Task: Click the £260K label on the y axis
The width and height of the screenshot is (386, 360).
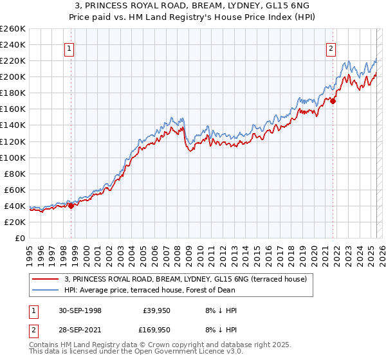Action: point(13,29)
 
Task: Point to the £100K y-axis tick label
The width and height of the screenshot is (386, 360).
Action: point(13,157)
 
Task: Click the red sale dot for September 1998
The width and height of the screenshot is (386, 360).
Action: point(71,206)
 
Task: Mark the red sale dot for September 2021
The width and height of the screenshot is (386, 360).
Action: point(333,101)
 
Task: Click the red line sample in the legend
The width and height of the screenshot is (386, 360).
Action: point(45,279)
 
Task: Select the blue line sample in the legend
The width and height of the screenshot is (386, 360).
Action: point(45,289)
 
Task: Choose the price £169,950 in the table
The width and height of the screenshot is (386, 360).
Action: point(154,329)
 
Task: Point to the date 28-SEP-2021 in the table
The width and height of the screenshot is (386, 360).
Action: point(80,329)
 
